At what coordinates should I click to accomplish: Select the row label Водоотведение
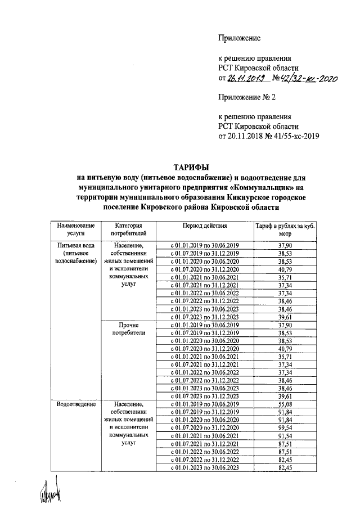pyautogui.click(x=75, y=404)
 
